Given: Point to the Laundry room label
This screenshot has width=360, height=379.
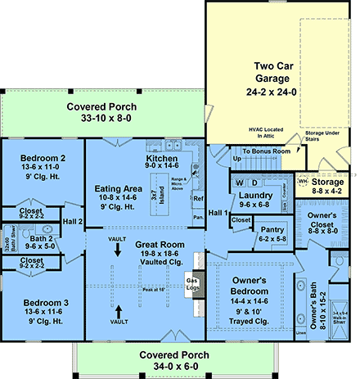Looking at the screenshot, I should pos(256,198).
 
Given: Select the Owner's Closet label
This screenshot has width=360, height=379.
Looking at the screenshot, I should pos(327,220).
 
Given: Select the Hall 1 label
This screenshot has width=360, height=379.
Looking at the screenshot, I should pos(217,212).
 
